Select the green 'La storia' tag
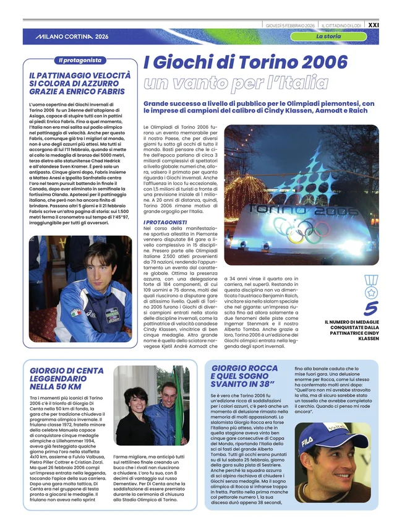point(328,37)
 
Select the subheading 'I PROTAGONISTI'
point(165,222)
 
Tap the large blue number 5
point(370,308)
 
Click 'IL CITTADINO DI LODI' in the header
point(341,25)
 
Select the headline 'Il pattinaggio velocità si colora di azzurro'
point(80,83)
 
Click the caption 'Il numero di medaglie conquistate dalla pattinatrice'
point(351,330)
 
